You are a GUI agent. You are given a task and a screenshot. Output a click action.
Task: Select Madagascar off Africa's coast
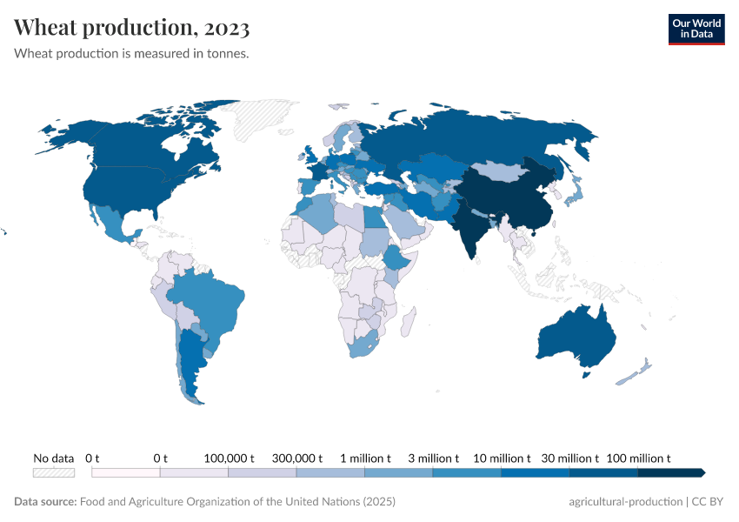[405, 325]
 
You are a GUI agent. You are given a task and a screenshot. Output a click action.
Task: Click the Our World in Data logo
[696, 29]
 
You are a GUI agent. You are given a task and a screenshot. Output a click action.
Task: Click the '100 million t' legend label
[637, 458]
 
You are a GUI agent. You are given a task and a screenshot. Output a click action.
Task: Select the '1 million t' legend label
[365, 458]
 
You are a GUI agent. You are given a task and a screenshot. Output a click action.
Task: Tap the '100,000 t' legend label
[229, 458]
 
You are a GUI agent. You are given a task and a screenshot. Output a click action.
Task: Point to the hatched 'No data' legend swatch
[54, 472]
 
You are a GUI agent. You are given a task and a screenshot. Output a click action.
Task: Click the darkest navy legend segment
[669, 472]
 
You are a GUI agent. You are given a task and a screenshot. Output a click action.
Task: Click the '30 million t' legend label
[569, 458]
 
